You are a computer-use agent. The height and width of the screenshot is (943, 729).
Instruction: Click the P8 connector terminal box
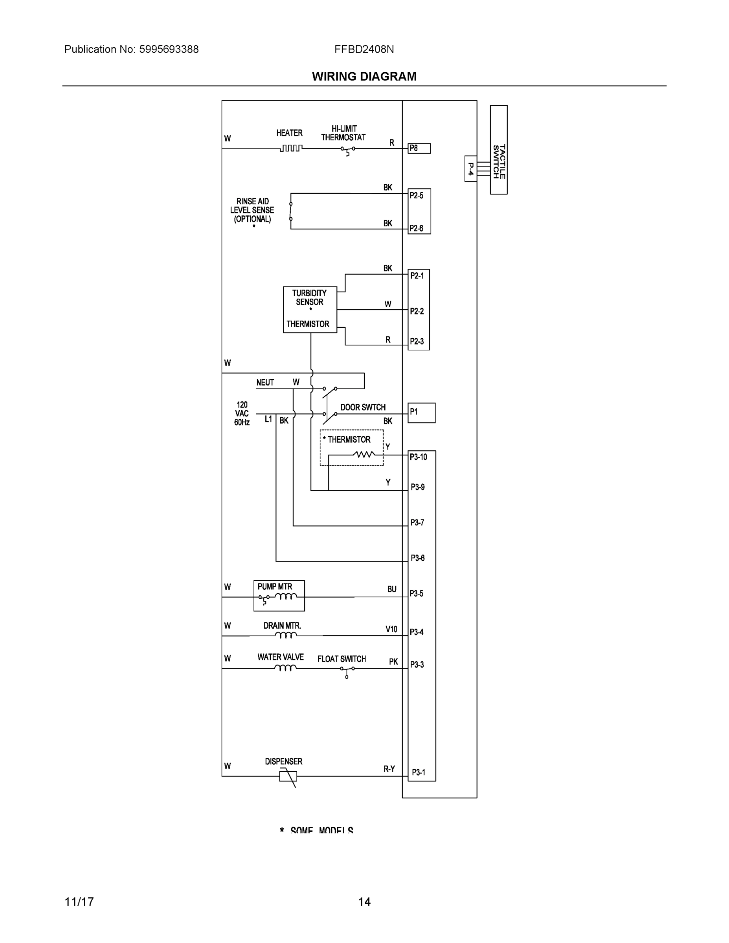(419, 149)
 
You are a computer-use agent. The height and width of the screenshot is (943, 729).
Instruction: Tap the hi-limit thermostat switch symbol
(348, 149)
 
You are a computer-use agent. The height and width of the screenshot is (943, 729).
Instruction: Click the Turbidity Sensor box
(310, 310)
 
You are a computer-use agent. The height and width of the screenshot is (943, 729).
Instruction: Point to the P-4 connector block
(470, 169)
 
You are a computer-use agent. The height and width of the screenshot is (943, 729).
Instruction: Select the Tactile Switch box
(498, 150)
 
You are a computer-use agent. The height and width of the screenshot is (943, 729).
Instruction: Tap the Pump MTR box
(279, 595)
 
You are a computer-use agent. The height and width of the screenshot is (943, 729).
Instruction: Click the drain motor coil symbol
(286, 635)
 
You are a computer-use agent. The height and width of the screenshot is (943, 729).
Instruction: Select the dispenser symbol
(288, 776)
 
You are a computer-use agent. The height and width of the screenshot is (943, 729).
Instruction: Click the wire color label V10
(391, 629)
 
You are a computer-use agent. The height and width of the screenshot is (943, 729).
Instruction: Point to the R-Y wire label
(389, 769)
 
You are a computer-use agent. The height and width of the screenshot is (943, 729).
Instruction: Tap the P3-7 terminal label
(417, 523)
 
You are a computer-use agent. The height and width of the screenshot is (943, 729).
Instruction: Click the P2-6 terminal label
(416, 228)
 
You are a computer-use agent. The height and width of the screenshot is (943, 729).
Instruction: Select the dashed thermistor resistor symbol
(364, 454)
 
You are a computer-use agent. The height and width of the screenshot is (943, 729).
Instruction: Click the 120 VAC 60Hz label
(242, 414)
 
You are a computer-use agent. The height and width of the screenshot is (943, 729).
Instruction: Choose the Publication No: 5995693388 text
(131, 49)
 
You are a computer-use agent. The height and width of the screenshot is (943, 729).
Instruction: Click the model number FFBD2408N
(364, 49)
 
